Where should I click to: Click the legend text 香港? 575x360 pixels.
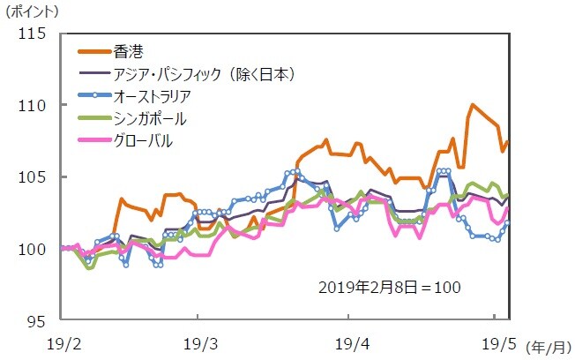point(128,51)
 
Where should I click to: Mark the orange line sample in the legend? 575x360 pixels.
point(93,51)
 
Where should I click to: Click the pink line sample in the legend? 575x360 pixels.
point(93,139)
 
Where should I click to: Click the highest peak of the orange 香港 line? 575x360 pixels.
point(474,104)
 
